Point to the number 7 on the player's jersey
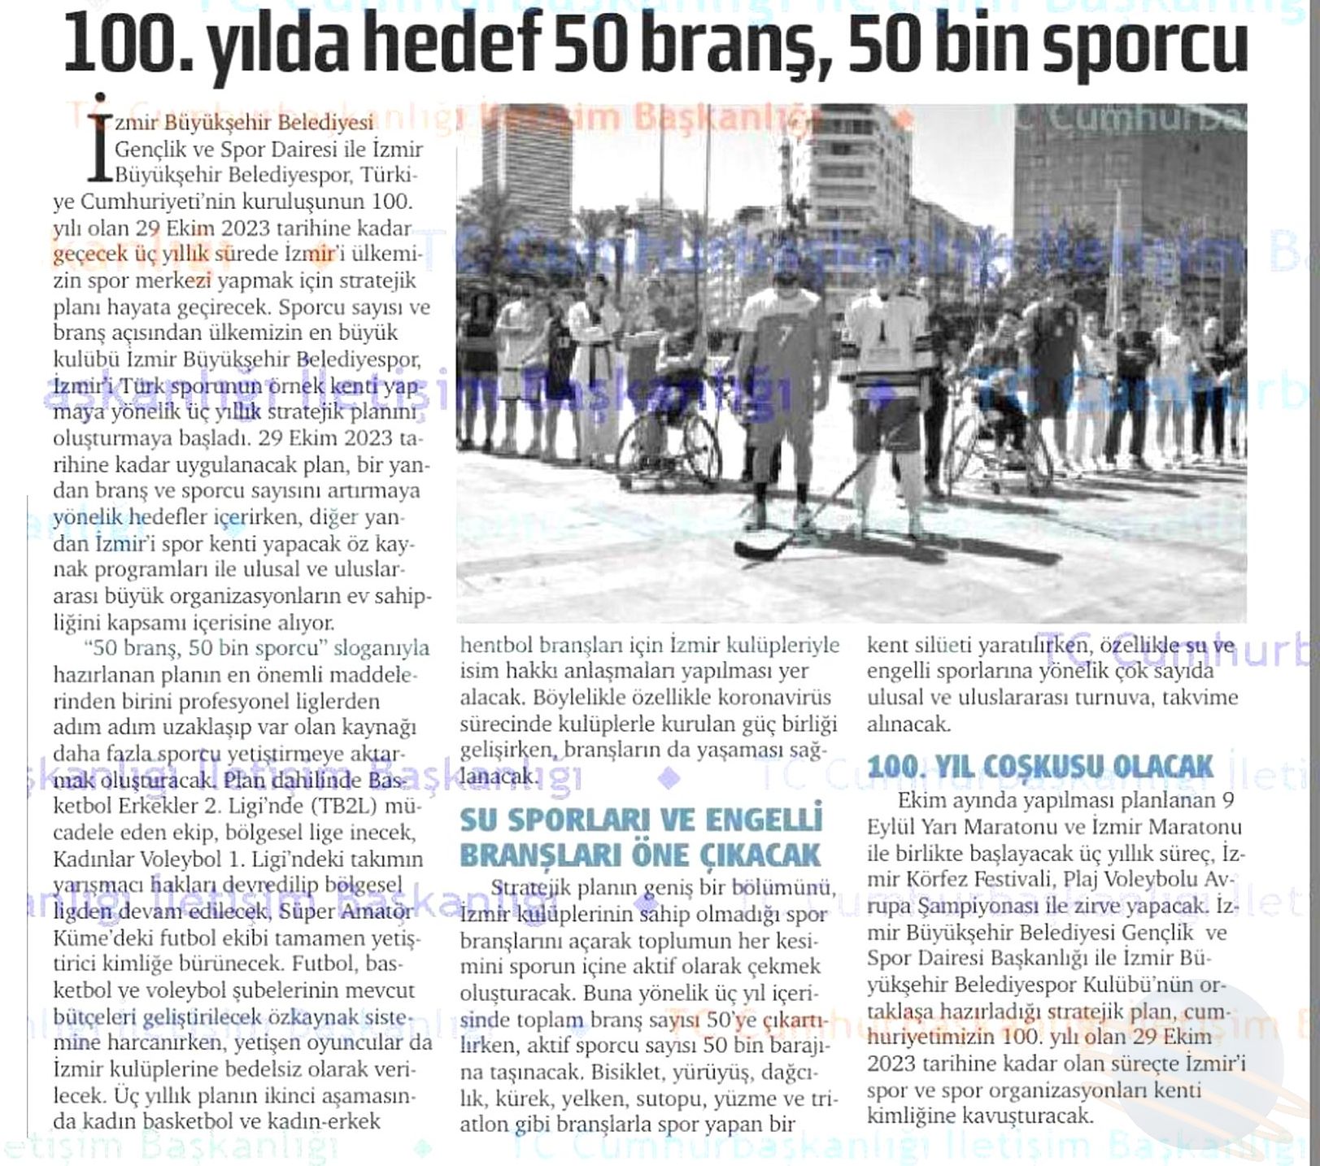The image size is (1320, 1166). pyautogui.click(x=784, y=337)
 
